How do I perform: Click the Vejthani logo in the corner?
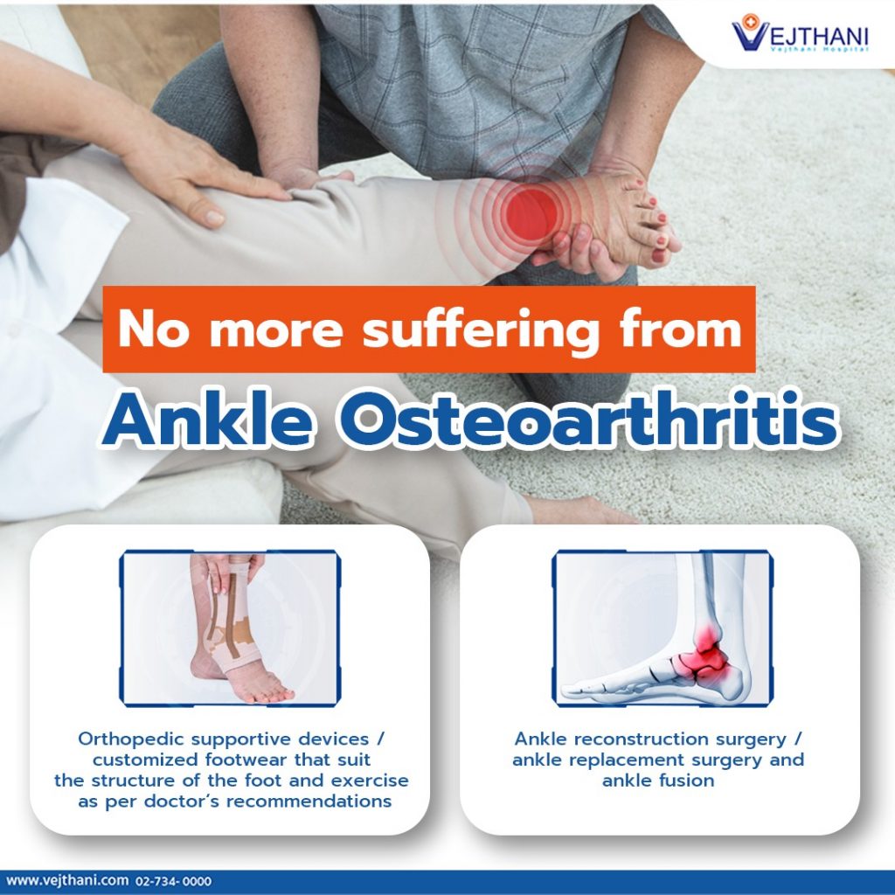coord(799,34)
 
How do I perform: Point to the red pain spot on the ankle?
coord(531,211)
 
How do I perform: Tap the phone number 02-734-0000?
coord(174,881)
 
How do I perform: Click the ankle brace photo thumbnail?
coord(230,628)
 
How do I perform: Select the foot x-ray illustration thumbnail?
coord(663,628)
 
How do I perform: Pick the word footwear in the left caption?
coord(246,760)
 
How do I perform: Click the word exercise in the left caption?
coord(370,781)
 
